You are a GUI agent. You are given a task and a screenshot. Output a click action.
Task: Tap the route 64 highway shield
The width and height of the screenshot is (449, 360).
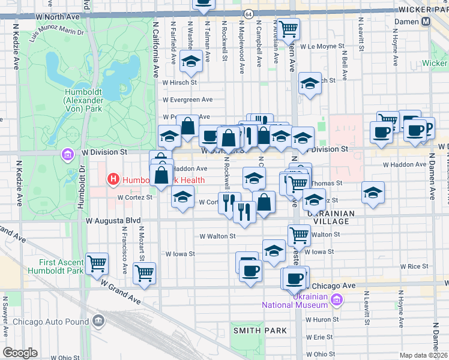point(248,13)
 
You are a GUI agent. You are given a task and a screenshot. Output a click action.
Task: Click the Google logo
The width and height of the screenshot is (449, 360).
point(20,352)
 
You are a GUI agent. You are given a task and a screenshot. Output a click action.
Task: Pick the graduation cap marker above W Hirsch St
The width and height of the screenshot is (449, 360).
point(191,62)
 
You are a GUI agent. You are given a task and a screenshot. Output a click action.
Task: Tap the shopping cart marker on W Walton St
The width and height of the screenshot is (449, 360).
point(299,235)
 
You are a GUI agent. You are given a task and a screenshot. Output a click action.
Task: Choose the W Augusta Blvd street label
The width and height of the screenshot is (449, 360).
point(112,221)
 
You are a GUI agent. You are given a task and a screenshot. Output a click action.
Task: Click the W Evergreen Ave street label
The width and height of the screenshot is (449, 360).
point(187,100)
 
